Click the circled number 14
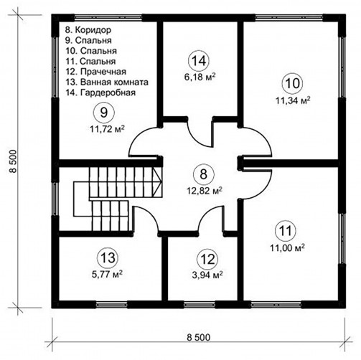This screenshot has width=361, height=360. pyautogui.click(x=199, y=61)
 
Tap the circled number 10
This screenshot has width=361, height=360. pyautogui.click(x=293, y=83)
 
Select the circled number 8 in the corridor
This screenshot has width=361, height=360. pyautogui.click(x=203, y=174)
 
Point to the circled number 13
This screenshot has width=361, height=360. pyautogui.click(x=107, y=258)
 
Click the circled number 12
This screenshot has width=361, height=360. pyautogui.click(x=207, y=259)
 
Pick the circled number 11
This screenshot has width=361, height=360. pyautogui.click(x=286, y=231)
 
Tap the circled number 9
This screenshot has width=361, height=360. pyautogui.click(x=104, y=113)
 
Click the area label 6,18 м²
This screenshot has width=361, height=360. pyautogui.click(x=200, y=77)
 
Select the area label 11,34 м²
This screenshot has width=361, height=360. pyautogui.click(x=293, y=100)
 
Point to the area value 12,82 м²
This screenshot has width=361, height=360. pyautogui.click(x=205, y=191)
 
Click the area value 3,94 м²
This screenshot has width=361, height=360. pyautogui.click(x=207, y=275)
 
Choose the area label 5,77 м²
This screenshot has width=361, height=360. pyautogui.click(x=108, y=274)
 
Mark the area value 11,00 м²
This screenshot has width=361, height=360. pyautogui.click(x=287, y=247)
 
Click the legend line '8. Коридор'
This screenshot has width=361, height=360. pyautogui.click(x=88, y=30)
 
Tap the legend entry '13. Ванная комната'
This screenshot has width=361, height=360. pyautogui.click(x=107, y=82)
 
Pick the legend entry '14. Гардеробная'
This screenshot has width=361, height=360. pyautogui.click(x=100, y=93)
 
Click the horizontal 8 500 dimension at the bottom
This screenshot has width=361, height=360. pyautogui.click(x=198, y=337)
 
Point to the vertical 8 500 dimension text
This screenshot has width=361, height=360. pyautogui.click(x=12, y=161)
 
